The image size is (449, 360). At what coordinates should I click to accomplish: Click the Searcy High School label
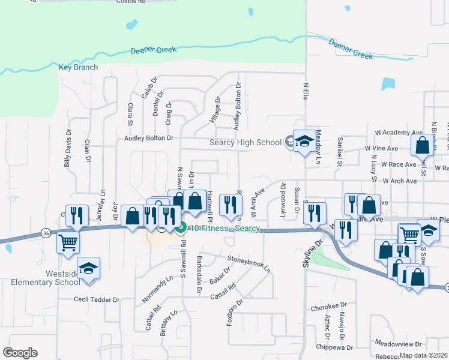pos(245,142)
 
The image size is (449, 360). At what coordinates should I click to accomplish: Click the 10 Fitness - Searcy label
pos(225,228)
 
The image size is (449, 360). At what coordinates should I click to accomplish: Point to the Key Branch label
pos(78,67)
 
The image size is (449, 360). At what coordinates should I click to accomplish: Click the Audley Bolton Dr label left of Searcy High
pos(148,138)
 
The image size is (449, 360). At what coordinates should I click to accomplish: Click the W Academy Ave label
pos(399,132)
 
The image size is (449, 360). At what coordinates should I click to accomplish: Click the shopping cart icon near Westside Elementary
pos(68,243)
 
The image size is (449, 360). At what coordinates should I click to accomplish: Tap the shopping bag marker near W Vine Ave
pos(422,145)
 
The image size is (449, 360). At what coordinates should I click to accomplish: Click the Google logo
pos(20,353)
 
